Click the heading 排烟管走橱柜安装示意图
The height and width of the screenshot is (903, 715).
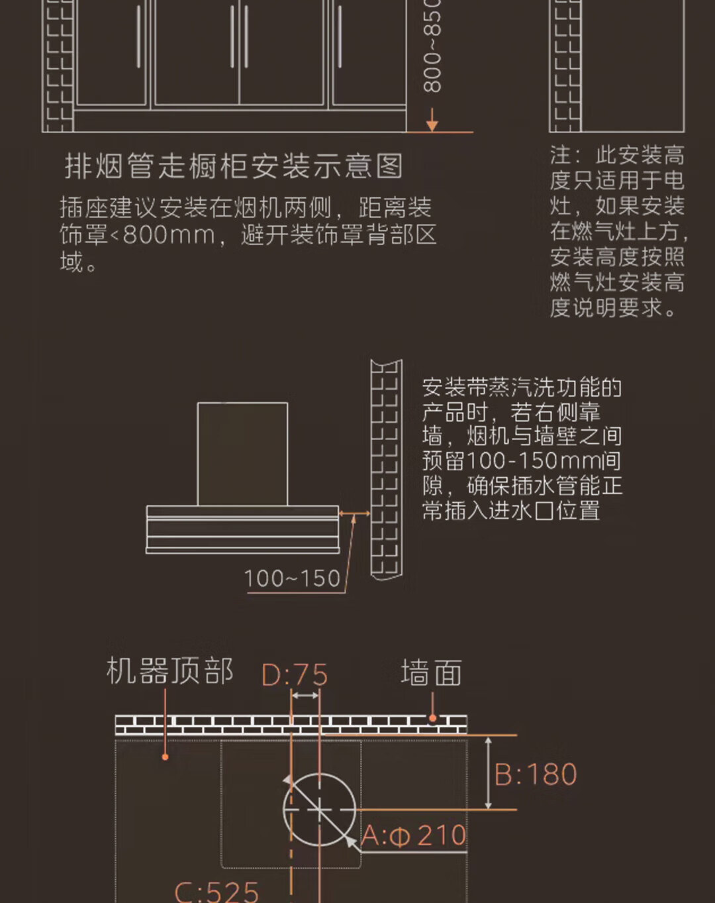[x=234, y=166]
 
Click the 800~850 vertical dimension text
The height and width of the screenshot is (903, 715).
[x=432, y=46]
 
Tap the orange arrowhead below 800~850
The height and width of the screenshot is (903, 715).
[x=432, y=124]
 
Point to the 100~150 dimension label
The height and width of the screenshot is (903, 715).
[x=292, y=578]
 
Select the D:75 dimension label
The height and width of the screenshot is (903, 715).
[x=295, y=675]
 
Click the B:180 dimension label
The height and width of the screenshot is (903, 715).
[x=536, y=774]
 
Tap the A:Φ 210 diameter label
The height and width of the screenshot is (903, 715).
[x=414, y=835]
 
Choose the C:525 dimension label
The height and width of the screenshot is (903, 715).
[x=216, y=890]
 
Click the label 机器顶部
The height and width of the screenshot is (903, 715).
[x=169, y=671]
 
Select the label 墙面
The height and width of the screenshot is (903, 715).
[x=431, y=673]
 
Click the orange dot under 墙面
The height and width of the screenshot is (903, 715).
[x=432, y=717]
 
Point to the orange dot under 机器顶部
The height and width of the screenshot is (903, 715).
[x=166, y=756]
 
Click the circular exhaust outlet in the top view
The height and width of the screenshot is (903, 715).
[x=318, y=810]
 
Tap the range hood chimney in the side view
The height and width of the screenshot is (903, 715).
[x=242, y=454]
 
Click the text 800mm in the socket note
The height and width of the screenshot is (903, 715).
[x=168, y=235]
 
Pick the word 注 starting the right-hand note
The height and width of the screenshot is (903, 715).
[x=560, y=156]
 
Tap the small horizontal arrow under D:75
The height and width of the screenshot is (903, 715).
[x=305, y=696]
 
